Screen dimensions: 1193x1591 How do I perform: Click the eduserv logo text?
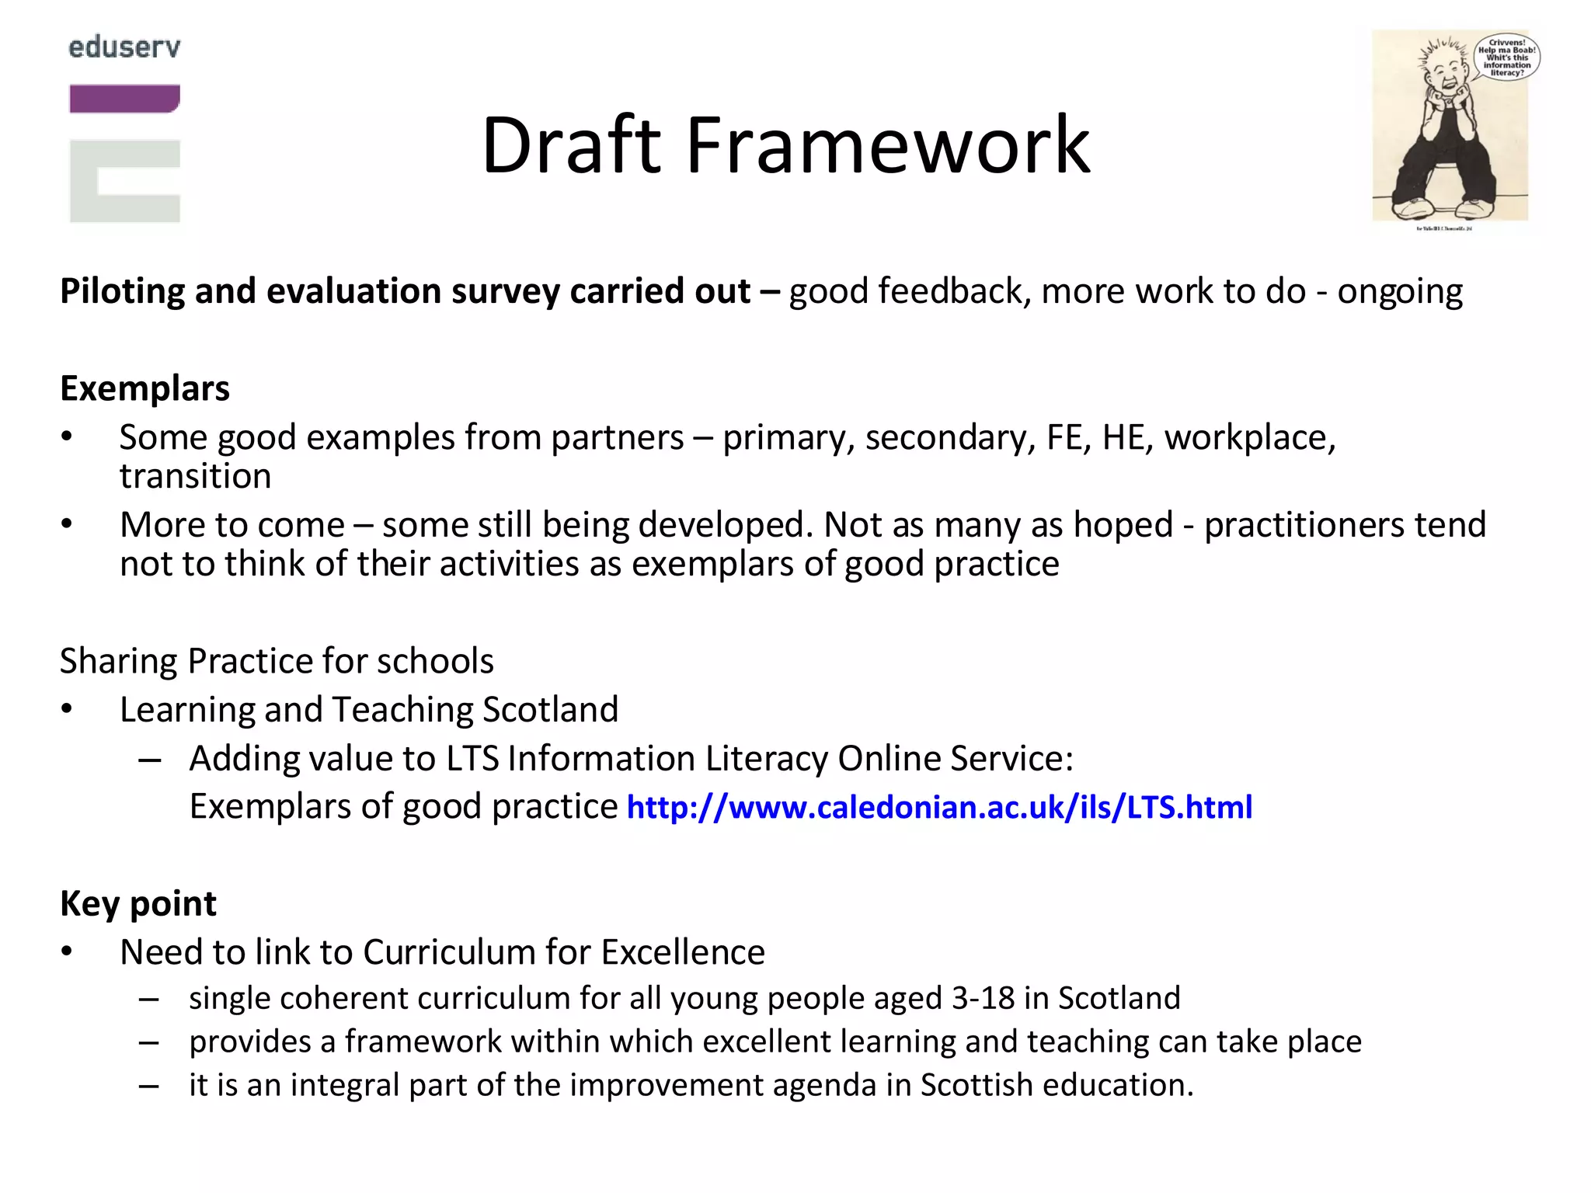pos(124,47)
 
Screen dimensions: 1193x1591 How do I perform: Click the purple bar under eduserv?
pos(124,99)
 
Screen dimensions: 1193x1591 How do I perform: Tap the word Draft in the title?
pos(571,145)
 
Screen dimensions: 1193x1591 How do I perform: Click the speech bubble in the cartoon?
pos(1506,57)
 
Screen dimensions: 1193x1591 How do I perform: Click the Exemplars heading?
pos(144,388)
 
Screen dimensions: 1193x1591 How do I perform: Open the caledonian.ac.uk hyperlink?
pos(939,807)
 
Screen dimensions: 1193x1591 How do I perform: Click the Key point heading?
pos(138,903)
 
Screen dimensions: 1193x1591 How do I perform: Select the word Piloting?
pos(122,292)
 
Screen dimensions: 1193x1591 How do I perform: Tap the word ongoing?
pos(1400,292)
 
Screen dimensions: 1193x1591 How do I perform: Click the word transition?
pos(195,476)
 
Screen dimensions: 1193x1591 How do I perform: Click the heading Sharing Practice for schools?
pos(277,661)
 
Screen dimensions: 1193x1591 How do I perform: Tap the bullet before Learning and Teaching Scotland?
pos(68,709)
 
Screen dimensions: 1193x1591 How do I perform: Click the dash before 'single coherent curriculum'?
pos(149,999)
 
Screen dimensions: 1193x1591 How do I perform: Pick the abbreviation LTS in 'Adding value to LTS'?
pos(472,758)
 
